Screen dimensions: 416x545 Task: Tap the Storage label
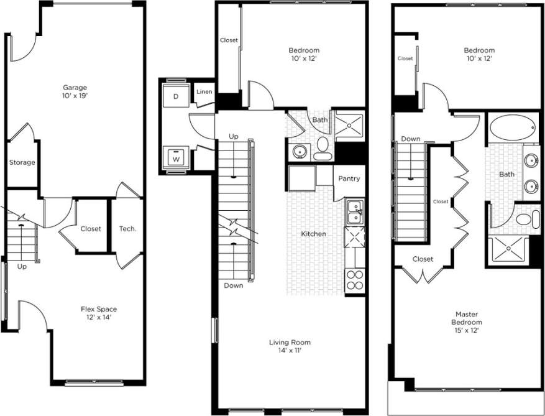point(22,163)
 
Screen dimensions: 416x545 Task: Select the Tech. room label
point(127,229)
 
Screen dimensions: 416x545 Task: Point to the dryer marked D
point(176,96)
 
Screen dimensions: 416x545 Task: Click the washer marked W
point(176,158)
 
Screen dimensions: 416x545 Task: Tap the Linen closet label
point(204,92)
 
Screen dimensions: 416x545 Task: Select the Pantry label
point(349,179)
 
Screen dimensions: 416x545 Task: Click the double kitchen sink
point(355,211)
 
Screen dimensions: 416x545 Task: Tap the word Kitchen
point(314,234)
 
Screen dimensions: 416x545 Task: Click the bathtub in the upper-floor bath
point(513,129)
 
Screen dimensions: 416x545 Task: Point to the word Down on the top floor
point(410,139)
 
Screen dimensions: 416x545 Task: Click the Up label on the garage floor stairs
point(22,267)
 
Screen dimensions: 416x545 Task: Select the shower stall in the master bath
point(507,251)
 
